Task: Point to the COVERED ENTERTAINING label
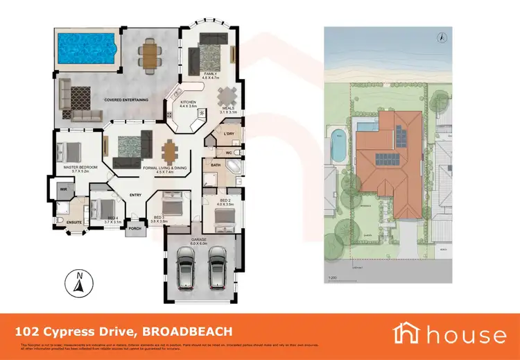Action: [x=126, y=100]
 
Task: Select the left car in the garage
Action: [x=186, y=273]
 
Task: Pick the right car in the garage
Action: [x=217, y=273]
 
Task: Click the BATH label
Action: [x=216, y=166]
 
